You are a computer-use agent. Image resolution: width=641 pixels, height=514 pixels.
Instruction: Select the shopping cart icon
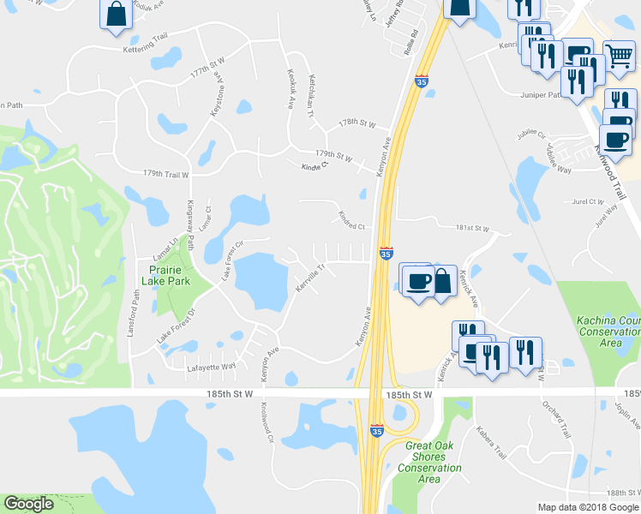click(x=619, y=57)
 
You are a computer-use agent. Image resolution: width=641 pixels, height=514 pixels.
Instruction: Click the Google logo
click(x=28, y=504)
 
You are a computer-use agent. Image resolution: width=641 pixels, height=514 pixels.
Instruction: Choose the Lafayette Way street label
click(x=211, y=367)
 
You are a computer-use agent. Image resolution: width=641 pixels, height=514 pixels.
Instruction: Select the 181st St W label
click(x=471, y=229)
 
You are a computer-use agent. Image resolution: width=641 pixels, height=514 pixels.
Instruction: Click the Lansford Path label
click(x=135, y=313)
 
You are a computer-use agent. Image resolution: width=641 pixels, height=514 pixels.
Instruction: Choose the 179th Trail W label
click(x=165, y=174)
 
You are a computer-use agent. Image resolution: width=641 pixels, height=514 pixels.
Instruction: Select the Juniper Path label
click(x=540, y=95)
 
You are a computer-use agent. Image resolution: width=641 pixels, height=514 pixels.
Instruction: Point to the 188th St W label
click(x=615, y=493)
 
